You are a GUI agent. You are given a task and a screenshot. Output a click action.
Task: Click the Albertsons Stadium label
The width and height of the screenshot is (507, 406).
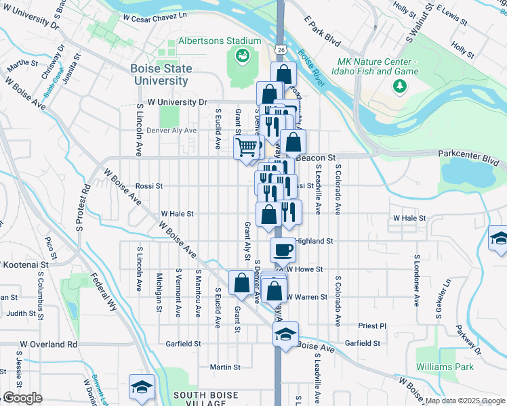point(209,41)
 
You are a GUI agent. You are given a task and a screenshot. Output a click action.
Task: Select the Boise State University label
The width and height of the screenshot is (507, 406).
point(161,74)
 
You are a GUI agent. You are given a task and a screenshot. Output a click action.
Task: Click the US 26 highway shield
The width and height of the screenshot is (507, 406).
point(281,50)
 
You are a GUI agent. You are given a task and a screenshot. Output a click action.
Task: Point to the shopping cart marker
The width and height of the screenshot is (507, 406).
point(247,147)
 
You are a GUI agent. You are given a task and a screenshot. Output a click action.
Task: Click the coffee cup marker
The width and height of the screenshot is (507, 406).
point(283,250)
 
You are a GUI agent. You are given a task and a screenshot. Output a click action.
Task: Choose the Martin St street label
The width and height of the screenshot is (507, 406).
point(225,367)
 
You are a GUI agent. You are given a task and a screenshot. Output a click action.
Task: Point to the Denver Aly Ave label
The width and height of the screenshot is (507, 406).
point(171,130)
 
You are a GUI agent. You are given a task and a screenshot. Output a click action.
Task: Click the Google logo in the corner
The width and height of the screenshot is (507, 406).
point(22,398)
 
